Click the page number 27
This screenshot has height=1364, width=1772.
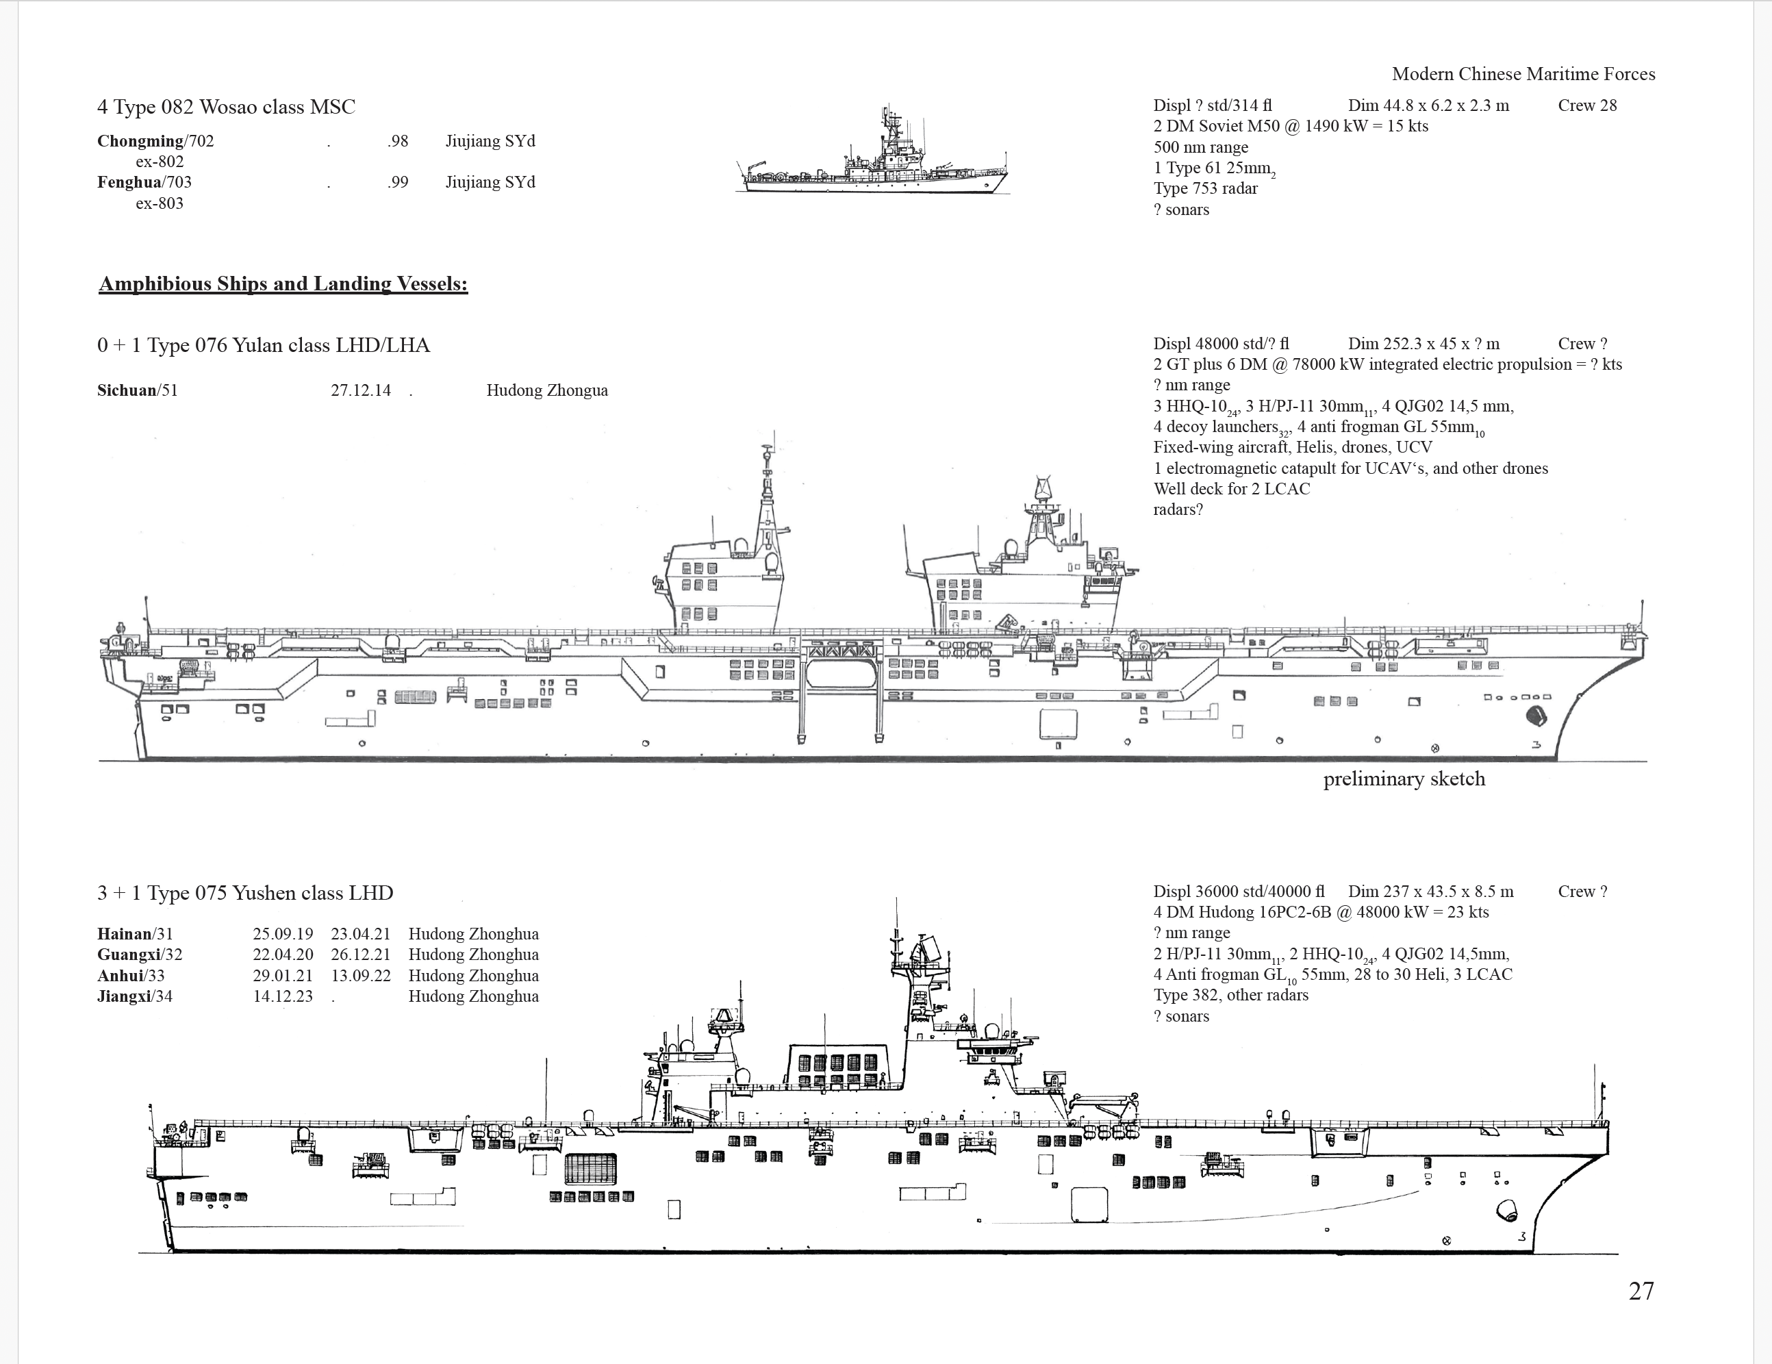(x=1641, y=1291)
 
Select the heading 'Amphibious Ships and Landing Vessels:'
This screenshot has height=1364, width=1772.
(x=283, y=283)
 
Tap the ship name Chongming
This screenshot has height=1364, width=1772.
(x=140, y=141)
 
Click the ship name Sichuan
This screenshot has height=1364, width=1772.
(x=127, y=390)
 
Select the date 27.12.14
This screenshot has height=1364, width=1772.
(x=360, y=390)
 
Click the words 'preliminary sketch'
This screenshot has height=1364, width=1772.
(x=1404, y=779)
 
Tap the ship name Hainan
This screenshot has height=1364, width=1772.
(x=124, y=934)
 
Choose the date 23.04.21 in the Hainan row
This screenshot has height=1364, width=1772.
(x=360, y=934)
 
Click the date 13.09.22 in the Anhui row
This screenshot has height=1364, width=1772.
(x=360, y=976)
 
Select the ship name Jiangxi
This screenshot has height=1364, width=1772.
(x=124, y=996)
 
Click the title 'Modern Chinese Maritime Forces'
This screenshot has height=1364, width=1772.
(x=1523, y=74)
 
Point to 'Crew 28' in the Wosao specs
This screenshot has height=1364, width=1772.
(x=1587, y=105)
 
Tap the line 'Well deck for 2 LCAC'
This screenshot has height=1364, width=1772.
(x=1232, y=488)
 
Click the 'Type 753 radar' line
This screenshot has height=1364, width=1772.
(x=1206, y=188)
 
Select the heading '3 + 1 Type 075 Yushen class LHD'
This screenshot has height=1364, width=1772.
(x=245, y=894)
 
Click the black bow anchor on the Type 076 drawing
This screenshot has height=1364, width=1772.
(x=1536, y=716)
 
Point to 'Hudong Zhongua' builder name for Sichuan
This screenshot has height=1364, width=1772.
(x=547, y=390)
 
